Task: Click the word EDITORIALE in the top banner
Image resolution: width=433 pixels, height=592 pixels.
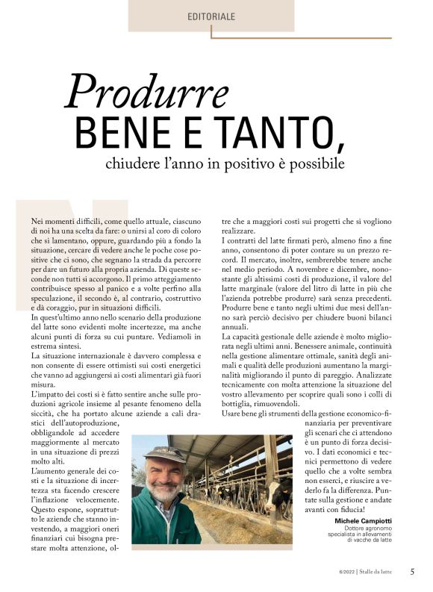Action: [x=212, y=16]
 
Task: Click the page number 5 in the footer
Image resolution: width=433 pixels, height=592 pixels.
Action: [x=412, y=572]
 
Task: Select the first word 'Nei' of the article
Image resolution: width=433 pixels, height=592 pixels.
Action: [x=37, y=222]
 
